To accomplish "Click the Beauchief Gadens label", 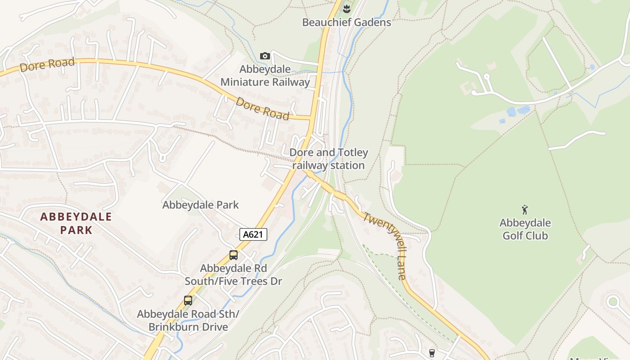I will point(346,22).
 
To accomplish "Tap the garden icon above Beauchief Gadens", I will point(346,8).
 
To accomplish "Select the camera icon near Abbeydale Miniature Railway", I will point(265,56).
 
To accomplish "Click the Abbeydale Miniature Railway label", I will point(265,76).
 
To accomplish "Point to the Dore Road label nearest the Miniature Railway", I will point(262,108).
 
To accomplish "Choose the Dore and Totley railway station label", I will point(328,159).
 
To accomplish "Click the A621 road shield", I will point(253,234).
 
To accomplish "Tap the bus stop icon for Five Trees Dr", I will point(234,255).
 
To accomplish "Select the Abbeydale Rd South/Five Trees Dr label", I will point(234,274).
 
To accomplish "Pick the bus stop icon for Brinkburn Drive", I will point(188,301).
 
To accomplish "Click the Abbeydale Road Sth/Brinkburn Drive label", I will point(189,320).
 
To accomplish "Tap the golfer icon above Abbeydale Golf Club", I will point(524,209).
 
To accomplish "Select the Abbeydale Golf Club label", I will point(525,229).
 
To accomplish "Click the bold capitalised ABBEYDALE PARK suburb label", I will point(76,223).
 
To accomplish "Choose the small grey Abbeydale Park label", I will point(200,205).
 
